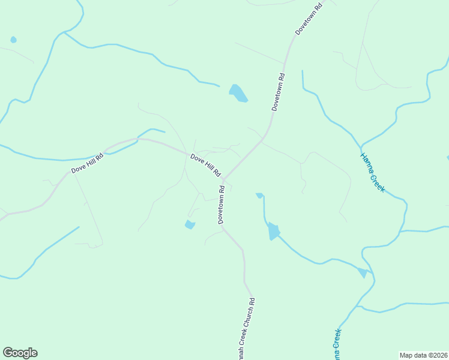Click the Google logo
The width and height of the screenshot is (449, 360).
click(20, 353)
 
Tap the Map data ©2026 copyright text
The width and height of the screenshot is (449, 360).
click(423, 355)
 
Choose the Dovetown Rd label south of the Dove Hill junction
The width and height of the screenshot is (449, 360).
click(221, 205)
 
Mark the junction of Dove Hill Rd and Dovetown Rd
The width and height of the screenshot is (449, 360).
click(223, 179)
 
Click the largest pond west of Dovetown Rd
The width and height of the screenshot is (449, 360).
click(238, 93)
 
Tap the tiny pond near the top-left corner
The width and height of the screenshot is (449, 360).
click(13, 40)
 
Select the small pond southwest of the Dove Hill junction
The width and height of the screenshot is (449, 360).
click(190, 225)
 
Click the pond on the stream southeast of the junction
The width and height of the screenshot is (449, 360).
click(273, 231)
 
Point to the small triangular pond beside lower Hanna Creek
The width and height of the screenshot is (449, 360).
click(362, 273)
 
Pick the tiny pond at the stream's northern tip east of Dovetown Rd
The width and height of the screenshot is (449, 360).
click(259, 195)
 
